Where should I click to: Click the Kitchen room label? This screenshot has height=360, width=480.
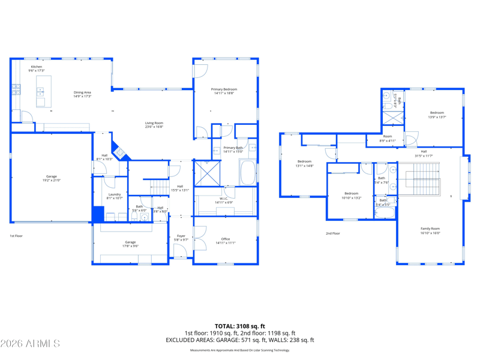37,68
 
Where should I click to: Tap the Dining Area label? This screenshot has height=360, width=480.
82,94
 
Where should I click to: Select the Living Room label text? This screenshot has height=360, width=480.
154,125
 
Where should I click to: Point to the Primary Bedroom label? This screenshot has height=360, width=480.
224,91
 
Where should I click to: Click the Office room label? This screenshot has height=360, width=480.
226,241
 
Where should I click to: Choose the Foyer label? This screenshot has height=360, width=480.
181,238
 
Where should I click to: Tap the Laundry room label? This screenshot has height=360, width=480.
115,196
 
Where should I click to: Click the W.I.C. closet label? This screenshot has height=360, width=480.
223,200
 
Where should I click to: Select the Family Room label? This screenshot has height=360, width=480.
430,230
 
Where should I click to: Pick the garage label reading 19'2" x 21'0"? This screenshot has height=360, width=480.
52,178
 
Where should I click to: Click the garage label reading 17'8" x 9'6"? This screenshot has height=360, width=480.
130,244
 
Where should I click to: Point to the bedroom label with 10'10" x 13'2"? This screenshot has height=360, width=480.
352,195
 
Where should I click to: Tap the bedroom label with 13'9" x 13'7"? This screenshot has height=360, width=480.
437,115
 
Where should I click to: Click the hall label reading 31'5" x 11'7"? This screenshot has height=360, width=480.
424,154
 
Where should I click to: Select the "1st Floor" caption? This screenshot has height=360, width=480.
17,236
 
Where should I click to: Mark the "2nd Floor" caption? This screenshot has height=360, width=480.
333,233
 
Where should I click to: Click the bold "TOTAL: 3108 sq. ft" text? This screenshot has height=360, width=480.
240,326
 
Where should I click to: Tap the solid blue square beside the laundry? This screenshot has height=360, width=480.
98,214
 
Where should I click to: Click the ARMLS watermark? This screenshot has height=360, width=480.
30,344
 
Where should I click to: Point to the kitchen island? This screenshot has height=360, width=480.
44,91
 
